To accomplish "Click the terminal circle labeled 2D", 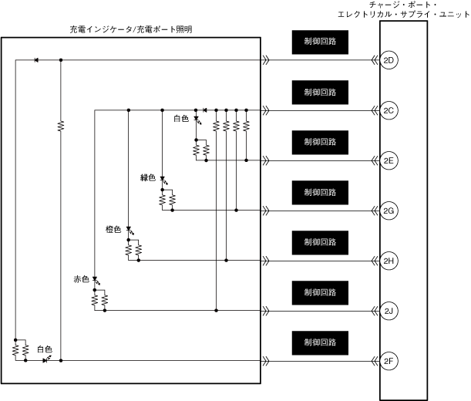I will coord(389,60).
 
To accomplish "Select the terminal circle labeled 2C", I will coord(389,110).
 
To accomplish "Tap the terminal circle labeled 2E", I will coord(389,160).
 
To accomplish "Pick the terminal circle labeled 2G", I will coord(389,211).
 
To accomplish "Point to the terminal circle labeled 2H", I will coord(389,261).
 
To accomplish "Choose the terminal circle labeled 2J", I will coord(389,311).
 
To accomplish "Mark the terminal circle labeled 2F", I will coord(389,361).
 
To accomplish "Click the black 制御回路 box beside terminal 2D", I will coord(320,42).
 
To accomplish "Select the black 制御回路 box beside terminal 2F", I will coord(320,342).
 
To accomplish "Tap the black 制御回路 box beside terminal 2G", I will coord(320,192).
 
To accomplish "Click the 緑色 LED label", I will coord(148,178).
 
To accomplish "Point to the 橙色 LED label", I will coord(113,229).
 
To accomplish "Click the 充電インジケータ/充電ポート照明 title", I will coord(131,29).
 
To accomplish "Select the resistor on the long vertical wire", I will coord(60,125).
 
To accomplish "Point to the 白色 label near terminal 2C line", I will coord(181,119).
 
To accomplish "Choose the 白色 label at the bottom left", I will coord(45,349).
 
